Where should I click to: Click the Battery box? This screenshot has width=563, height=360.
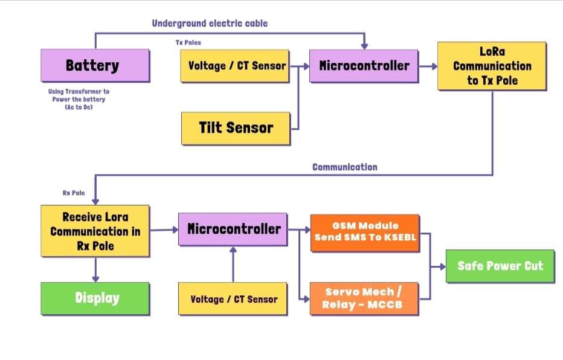click(95, 65)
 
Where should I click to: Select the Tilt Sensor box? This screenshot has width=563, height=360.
click(236, 127)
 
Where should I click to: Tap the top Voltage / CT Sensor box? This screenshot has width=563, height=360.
click(236, 65)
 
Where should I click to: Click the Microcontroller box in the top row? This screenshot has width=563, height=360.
click(364, 65)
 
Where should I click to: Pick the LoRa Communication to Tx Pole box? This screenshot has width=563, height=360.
click(492, 65)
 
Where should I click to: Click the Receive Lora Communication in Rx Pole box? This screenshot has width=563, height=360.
click(95, 231)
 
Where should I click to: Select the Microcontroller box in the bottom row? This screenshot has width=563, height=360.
click(233, 229)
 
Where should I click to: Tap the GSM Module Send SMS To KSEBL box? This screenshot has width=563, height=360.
click(364, 230)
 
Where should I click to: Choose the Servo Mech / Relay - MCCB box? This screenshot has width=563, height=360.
click(364, 298)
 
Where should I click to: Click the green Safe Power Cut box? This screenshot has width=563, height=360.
click(500, 266)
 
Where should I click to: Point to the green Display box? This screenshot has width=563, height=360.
click(95, 298)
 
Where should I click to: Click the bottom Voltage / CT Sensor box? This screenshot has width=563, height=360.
click(234, 299)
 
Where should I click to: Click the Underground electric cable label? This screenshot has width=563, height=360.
click(210, 24)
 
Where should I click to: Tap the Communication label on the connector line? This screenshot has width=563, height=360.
click(344, 167)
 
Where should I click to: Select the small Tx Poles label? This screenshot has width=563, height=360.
click(188, 43)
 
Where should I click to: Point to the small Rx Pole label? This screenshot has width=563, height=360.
click(74, 193)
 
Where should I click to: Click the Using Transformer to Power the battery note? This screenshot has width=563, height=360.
click(79, 98)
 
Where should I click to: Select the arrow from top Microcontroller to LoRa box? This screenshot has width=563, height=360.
click(428, 66)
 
